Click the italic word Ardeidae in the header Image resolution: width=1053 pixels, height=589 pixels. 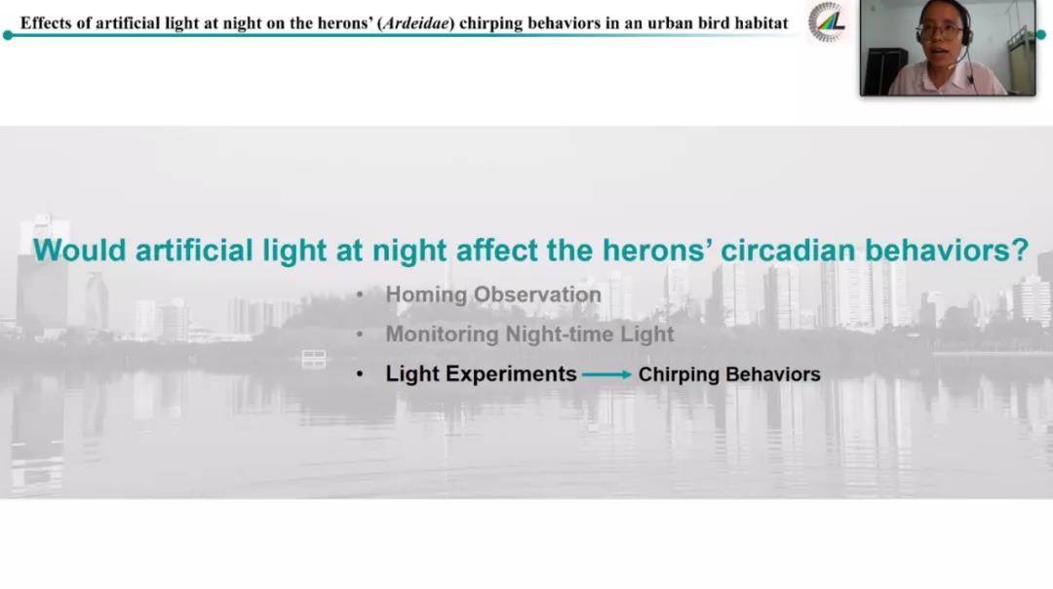click(x=415, y=23)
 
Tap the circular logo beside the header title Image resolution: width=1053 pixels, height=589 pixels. click(x=827, y=22)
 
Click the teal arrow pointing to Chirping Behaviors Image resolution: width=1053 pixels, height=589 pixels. click(x=606, y=374)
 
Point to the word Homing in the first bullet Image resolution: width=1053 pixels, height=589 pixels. click(x=426, y=294)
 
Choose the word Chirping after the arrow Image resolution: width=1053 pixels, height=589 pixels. click(x=677, y=374)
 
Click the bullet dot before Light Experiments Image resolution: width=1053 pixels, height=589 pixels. click(x=360, y=374)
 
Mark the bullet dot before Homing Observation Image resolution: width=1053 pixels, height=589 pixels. click(x=360, y=294)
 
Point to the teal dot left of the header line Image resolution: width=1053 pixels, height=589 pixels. click(x=8, y=35)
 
